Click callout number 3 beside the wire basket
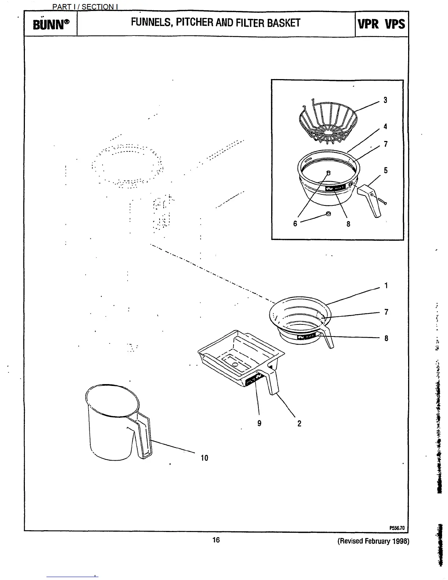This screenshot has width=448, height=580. (x=385, y=100)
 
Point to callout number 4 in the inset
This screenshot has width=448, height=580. (x=385, y=127)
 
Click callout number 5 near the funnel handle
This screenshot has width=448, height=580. (x=385, y=170)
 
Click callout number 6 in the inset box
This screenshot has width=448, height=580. (x=295, y=223)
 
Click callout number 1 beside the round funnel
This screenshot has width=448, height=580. (x=386, y=286)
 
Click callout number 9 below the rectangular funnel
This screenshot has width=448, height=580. (x=259, y=423)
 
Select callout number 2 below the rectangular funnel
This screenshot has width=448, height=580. (x=299, y=424)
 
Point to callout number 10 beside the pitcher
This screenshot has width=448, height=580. (x=204, y=458)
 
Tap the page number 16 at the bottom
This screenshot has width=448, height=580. (x=216, y=540)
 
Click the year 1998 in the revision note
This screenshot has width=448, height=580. (x=401, y=541)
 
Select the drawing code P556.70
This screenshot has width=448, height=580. (x=397, y=528)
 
